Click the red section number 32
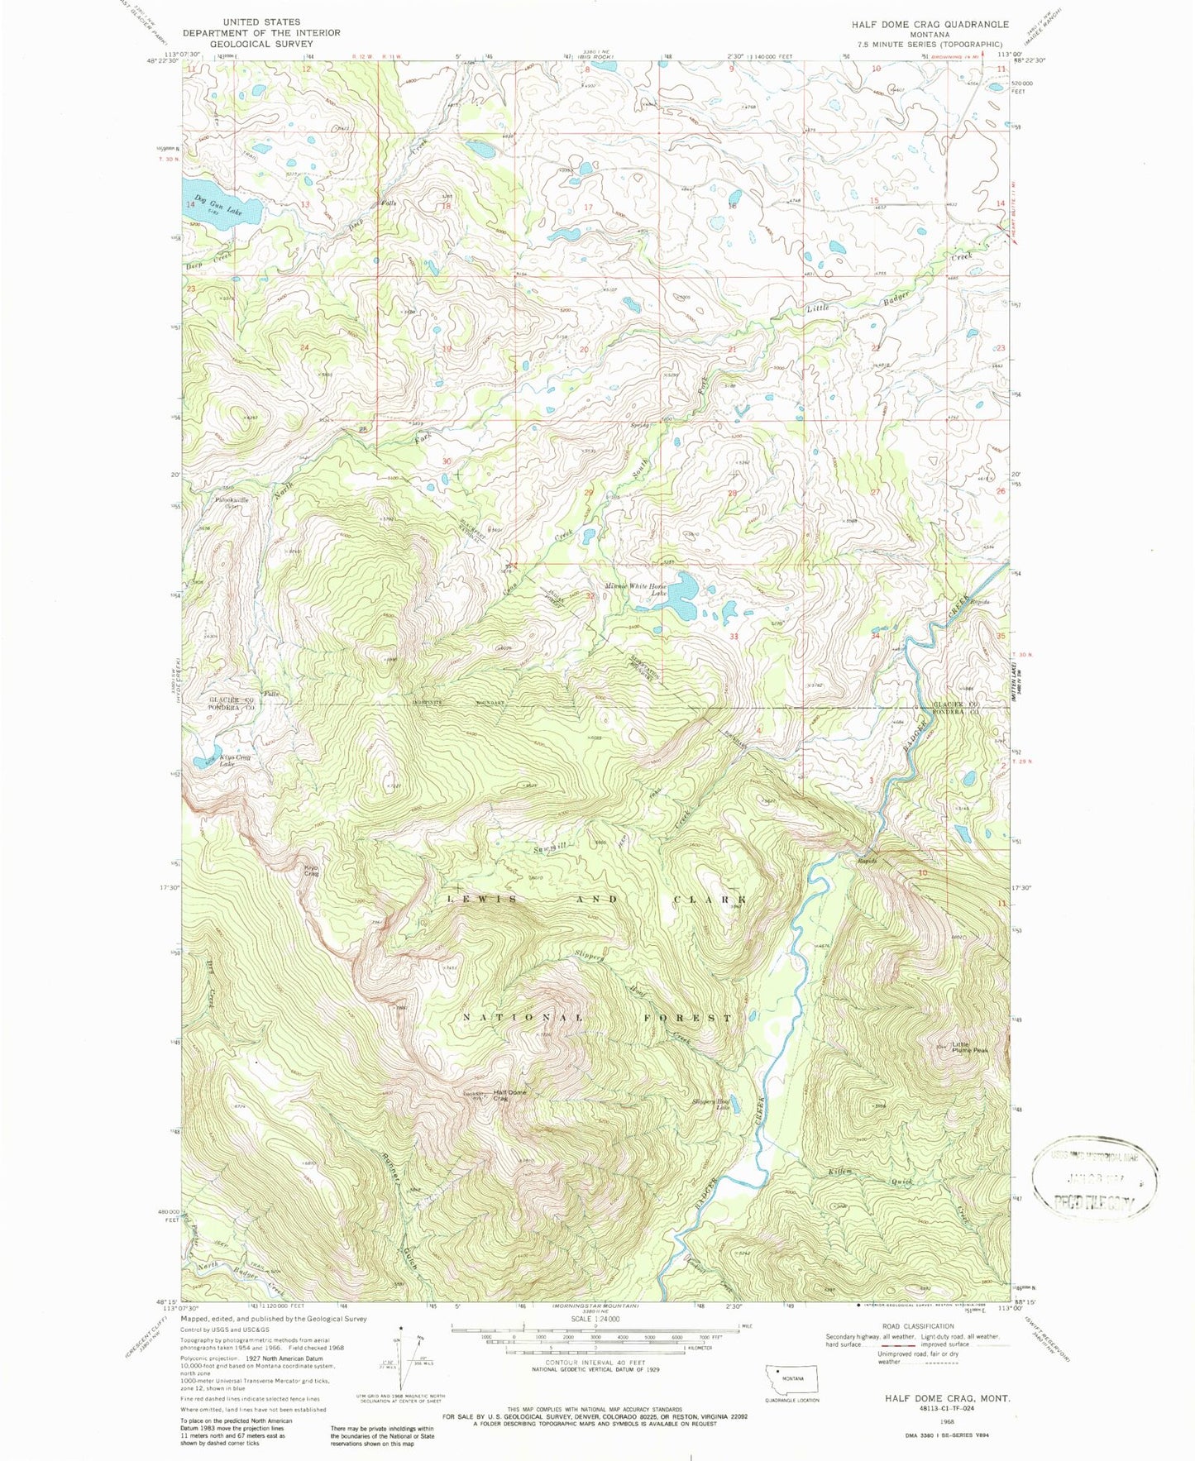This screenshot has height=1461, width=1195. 590,596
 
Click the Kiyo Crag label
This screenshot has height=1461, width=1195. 311,871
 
